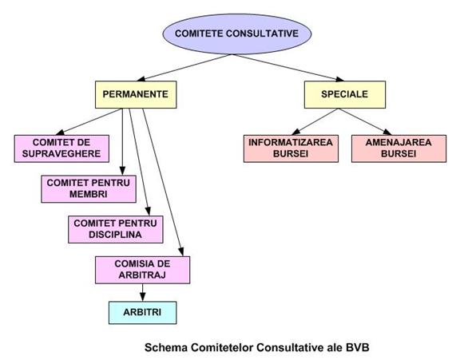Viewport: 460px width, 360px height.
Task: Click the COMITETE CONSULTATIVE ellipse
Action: (x=237, y=34)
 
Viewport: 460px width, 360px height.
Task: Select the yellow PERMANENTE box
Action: (x=136, y=94)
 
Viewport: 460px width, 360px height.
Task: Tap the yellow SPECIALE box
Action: (x=345, y=94)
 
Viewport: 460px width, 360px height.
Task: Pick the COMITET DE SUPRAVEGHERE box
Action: (x=61, y=148)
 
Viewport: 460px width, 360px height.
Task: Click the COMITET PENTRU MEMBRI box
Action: (x=89, y=189)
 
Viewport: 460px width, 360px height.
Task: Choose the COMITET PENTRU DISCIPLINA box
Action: (x=116, y=229)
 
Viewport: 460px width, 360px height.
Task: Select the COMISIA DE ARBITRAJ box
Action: (x=143, y=270)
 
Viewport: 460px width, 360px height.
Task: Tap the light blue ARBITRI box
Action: (x=143, y=313)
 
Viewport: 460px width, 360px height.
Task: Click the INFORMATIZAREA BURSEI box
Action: (x=291, y=148)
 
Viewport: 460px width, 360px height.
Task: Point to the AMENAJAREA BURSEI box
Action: (x=399, y=148)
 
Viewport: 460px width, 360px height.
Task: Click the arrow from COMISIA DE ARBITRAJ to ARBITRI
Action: (x=143, y=293)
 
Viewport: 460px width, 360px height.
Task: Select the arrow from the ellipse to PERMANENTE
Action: (x=184, y=68)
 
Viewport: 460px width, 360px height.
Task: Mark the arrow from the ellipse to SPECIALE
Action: (x=288, y=68)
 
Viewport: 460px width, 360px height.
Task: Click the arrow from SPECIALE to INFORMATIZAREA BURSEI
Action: (x=315, y=121)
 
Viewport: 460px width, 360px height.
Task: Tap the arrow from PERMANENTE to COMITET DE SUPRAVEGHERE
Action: (x=89, y=121)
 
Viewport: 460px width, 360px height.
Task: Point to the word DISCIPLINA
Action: (x=115, y=235)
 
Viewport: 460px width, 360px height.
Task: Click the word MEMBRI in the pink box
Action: (x=89, y=194)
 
